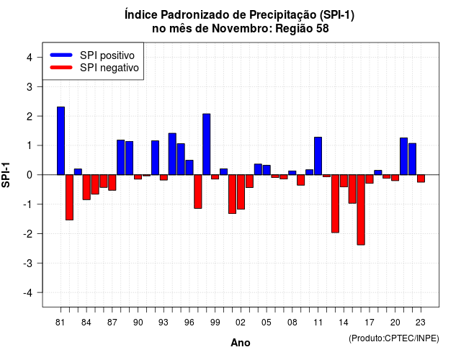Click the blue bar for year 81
click(x=61, y=141)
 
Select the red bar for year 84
click(x=86, y=187)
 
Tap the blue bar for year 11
click(x=318, y=156)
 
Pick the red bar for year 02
click(x=241, y=192)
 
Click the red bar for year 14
click(x=344, y=181)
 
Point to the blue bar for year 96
click(x=189, y=168)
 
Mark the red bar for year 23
click(x=421, y=179)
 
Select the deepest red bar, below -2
click(x=361, y=210)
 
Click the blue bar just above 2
click(x=207, y=144)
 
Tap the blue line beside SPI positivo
click(x=61, y=55)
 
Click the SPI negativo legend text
click(x=109, y=68)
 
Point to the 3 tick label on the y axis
click(x=30, y=86)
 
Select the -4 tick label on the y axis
click(x=28, y=293)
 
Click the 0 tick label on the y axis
click(x=30, y=175)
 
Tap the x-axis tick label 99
click(x=215, y=323)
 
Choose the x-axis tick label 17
click(x=370, y=323)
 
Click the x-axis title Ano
click(x=241, y=343)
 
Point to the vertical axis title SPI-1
click(x=6, y=175)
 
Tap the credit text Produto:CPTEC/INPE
click(x=394, y=338)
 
